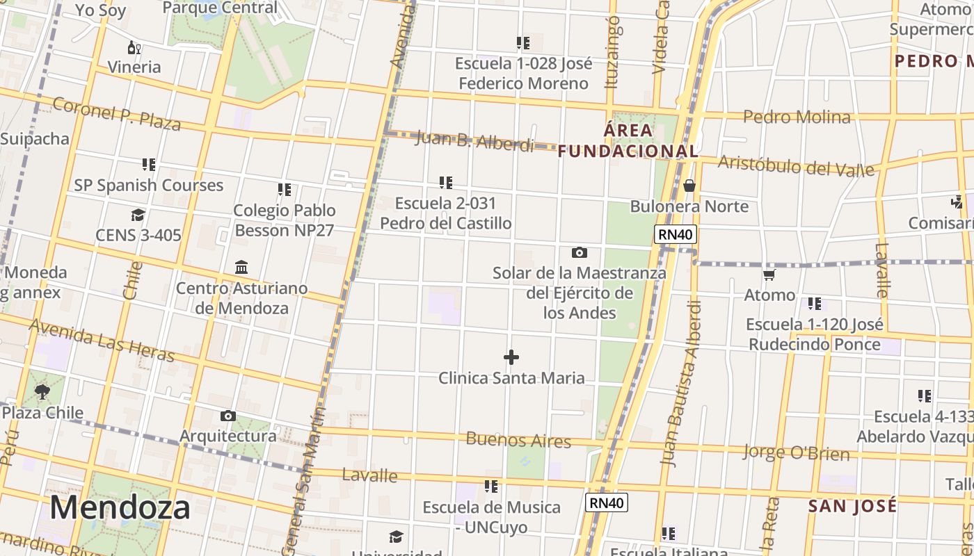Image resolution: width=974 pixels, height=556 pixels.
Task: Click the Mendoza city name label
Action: click(120, 507)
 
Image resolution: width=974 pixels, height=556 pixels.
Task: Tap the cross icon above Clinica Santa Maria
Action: click(511, 357)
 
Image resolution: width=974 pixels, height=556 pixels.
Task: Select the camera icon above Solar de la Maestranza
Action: click(579, 252)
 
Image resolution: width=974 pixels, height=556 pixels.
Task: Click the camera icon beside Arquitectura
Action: click(227, 416)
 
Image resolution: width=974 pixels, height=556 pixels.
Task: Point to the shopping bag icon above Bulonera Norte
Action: click(689, 186)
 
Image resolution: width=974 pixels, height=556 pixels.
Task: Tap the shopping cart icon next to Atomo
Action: click(769, 275)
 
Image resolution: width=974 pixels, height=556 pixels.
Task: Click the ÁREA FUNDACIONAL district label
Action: click(628, 140)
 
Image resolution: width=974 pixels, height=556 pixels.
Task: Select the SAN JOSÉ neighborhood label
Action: click(852, 506)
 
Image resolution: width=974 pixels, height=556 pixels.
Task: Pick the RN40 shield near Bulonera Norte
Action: click(676, 234)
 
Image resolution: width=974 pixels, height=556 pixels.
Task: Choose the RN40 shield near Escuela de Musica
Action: click(606, 502)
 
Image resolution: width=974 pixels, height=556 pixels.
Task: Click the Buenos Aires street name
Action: click(518, 440)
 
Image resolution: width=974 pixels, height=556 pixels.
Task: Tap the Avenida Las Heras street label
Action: click(102, 341)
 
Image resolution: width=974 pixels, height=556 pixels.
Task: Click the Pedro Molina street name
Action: click(797, 117)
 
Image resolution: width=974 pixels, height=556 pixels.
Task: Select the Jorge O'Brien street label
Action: click(796, 452)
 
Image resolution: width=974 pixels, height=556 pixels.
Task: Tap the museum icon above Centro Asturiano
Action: click(241, 268)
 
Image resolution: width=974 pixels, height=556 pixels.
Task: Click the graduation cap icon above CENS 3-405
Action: click(138, 215)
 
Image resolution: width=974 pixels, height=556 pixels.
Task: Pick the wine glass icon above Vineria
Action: click(134, 47)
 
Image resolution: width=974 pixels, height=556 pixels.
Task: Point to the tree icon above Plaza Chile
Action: click(42, 392)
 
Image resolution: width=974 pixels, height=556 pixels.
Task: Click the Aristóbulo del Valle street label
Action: click(796, 165)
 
